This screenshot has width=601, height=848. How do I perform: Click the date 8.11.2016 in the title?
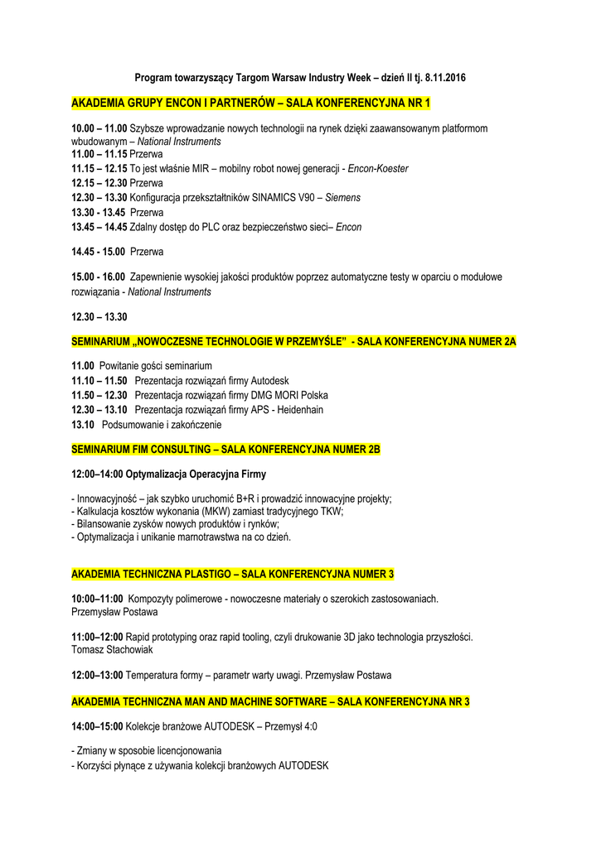[x=441, y=78]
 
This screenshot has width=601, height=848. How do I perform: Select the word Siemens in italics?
[x=342, y=197]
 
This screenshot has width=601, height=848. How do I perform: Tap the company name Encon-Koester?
[x=378, y=168]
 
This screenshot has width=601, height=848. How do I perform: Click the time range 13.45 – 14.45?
[x=99, y=227]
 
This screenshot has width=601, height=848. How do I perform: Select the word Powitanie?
[x=122, y=365]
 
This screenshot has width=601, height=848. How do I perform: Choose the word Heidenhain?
[x=297, y=410]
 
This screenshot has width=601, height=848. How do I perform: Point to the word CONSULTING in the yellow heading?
[x=178, y=449]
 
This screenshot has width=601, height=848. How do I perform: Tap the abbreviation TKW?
[x=331, y=511]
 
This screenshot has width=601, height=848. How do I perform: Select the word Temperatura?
[x=154, y=675]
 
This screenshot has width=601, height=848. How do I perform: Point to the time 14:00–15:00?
[x=97, y=726]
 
